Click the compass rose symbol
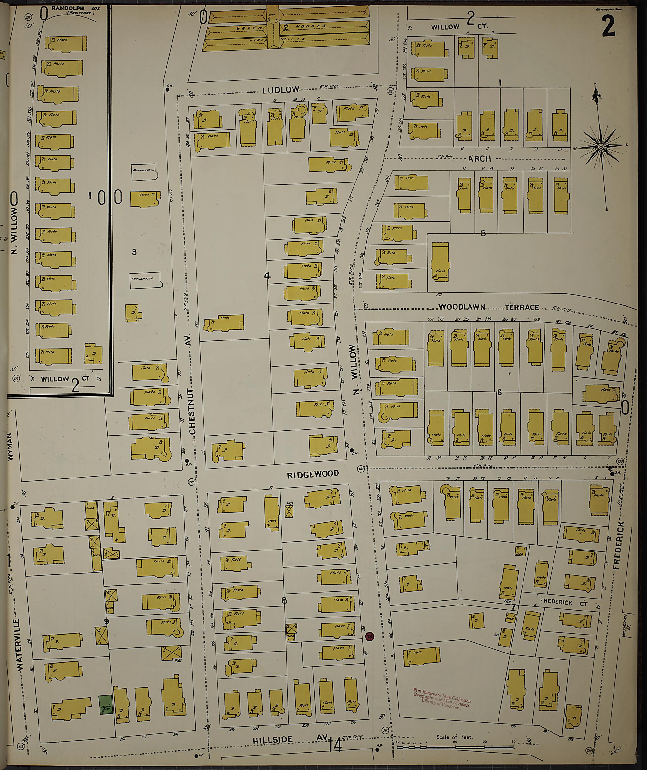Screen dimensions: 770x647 coord(601,147)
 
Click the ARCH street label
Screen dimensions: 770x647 coord(479,159)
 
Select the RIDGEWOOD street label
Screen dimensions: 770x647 coord(312,474)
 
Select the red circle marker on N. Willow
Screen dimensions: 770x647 coord(370,636)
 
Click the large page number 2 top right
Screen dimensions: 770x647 coord(608,27)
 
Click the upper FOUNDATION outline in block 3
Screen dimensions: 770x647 coord(144,171)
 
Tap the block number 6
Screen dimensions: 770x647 coord(499,393)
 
